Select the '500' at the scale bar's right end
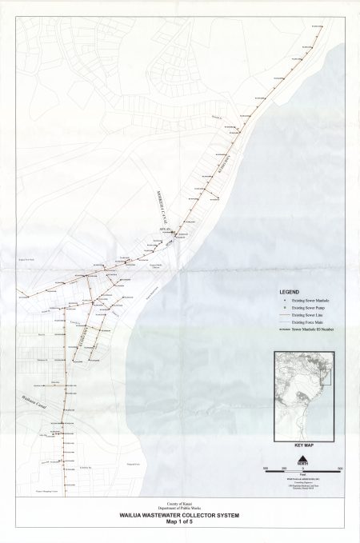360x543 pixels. (340, 467)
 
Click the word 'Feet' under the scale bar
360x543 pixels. (302, 476)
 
